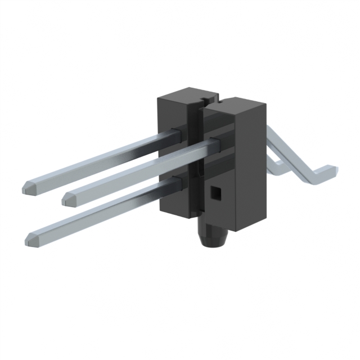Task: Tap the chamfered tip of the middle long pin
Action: [x=67, y=197]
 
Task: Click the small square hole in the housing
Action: [x=215, y=193]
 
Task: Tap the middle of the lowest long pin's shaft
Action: [x=101, y=211]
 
